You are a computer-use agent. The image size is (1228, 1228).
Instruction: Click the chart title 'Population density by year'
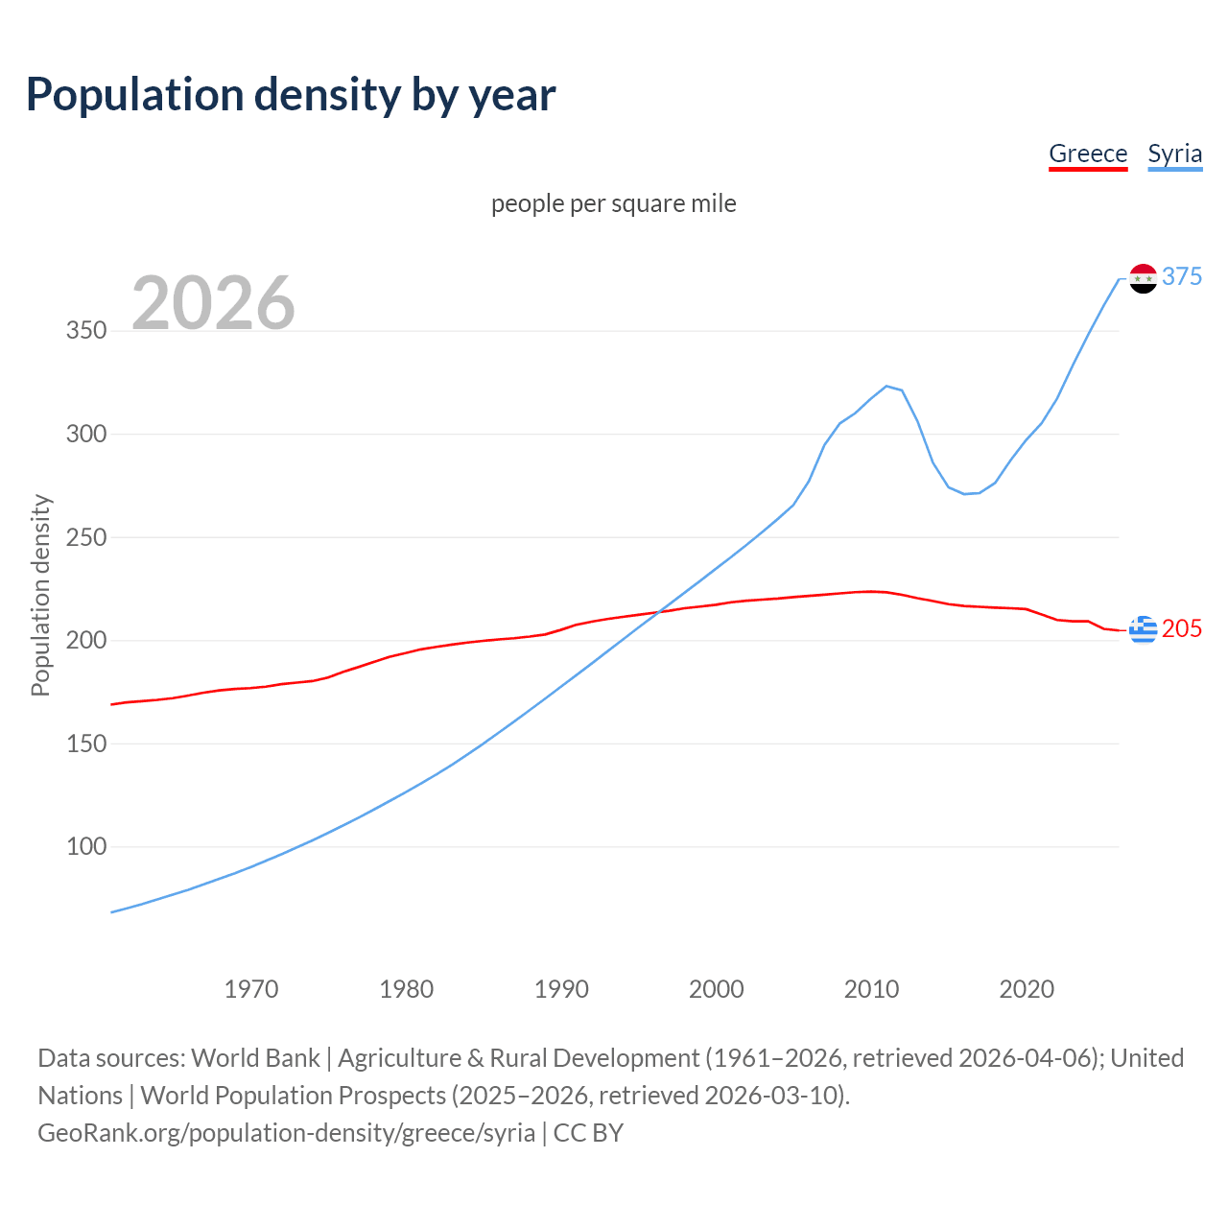291,95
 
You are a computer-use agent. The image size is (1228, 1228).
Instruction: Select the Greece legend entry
1088,153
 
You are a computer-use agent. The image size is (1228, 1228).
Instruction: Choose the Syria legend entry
1174,153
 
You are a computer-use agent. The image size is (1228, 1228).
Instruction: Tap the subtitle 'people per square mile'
613,203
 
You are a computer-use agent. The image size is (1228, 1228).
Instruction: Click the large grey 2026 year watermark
213,303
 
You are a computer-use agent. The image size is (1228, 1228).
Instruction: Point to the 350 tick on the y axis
86,331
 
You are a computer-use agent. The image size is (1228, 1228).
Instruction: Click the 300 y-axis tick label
86,434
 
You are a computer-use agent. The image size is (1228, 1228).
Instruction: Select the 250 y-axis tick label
86,537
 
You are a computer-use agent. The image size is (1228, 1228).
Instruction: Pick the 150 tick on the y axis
86,744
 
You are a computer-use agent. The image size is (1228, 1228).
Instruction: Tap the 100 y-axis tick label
86,846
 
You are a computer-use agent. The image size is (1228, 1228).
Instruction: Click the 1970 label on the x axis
251,989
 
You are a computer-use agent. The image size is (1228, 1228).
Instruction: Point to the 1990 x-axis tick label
561,989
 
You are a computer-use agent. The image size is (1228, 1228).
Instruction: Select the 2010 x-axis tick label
871,989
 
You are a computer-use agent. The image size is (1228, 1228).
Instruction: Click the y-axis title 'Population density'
40,595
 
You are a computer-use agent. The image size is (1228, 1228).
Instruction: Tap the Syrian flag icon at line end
1143,278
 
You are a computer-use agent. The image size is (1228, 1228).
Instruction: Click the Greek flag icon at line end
1143,629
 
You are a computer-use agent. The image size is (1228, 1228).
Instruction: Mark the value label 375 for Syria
1182,276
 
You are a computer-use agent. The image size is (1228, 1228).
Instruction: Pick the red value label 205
1182,628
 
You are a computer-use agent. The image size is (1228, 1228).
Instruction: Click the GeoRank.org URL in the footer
286,1133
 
